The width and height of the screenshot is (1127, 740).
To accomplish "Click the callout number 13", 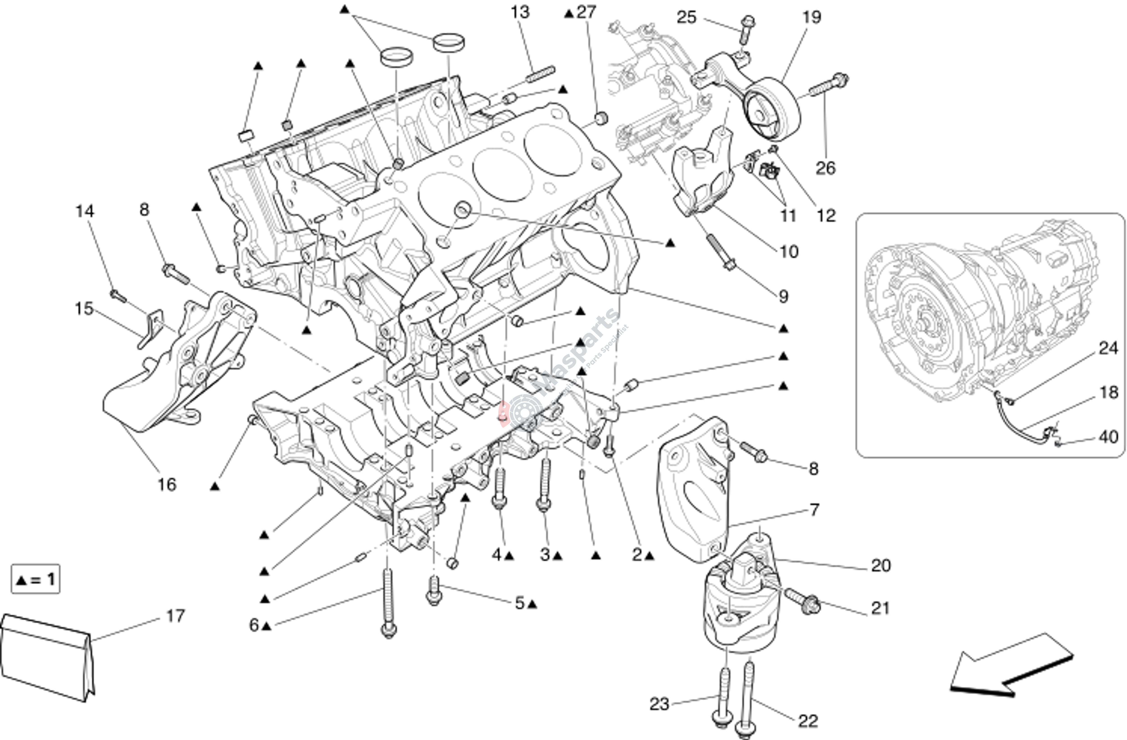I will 520,12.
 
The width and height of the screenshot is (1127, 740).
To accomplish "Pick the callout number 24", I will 1108,349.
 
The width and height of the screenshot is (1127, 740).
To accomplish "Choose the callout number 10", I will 788,252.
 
